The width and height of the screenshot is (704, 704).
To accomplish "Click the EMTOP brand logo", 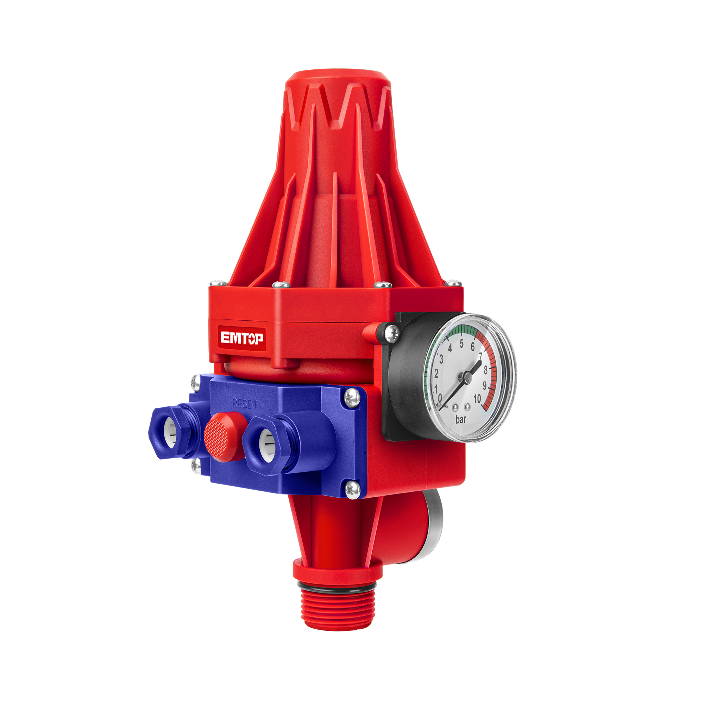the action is pyautogui.click(x=241, y=338).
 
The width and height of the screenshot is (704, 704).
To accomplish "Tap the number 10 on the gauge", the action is pyautogui.click(x=477, y=399).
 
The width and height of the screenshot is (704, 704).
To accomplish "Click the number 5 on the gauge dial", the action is pyautogui.click(x=461, y=344).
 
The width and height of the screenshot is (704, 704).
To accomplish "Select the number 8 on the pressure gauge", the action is pyautogui.click(x=485, y=370).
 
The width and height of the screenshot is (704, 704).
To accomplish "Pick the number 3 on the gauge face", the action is pyautogui.click(x=441, y=359).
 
